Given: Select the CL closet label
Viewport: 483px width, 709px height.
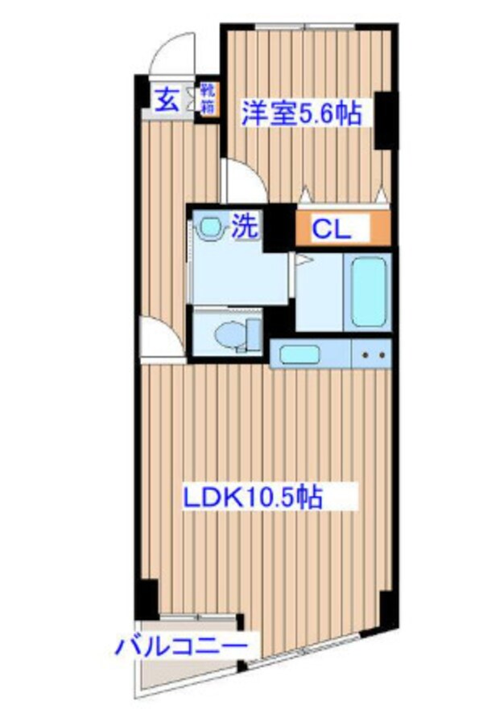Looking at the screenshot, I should [x=332, y=230].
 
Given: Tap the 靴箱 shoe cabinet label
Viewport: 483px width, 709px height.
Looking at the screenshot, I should [x=208, y=98].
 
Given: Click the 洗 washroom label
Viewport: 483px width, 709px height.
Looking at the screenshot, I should [x=246, y=226].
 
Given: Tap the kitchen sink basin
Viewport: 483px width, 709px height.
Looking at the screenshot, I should [x=299, y=353].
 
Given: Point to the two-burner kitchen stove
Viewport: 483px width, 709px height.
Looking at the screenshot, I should [x=371, y=353].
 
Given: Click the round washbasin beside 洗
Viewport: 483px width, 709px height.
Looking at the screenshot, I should [x=211, y=228].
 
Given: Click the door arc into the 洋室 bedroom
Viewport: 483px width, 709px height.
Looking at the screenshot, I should [x=244, y=182].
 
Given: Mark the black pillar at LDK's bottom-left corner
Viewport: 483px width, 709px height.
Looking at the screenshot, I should [x=146, y=599].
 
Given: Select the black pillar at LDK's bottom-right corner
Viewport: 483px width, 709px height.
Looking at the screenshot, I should [x=388, y=608].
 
